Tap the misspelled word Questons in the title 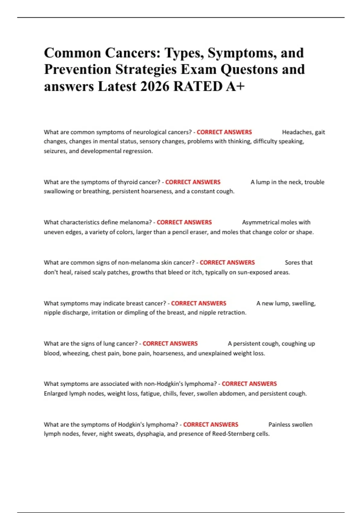pos(250,70)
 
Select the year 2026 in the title pos(155,87)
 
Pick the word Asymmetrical pos(261,222)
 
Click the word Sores pos(292,263)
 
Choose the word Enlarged pos(56,394)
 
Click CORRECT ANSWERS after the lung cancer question pos(170,344)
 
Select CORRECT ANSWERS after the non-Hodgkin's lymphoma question pos(249,384)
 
